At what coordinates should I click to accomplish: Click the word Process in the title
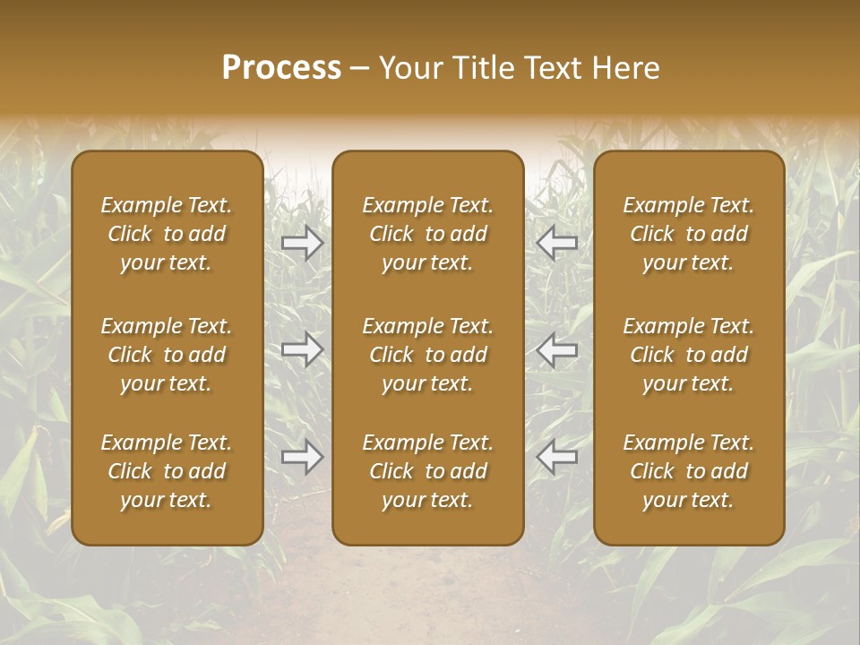click(x=281, y=68)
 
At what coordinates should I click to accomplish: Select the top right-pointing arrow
click(x=303, y=242)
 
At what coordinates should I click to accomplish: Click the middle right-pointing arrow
click(x=303, y=349)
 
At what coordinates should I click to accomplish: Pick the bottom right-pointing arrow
click(x=303, y=458)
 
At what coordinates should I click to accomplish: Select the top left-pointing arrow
click(x=556, y=242)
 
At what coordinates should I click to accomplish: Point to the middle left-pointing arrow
click(x=556, y=349)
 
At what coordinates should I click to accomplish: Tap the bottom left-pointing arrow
click(x=556, y=458)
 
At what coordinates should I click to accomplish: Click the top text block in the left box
click(x=167, y=234)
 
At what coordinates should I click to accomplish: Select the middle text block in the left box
click(x=167, y=355)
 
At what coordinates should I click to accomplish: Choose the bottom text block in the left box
click(x=167, y=471)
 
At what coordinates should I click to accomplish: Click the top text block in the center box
click(x=428, y=234)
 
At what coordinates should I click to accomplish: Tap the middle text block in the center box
click(x=428, y=355)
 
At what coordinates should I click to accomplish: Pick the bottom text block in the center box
click(x=428, y=471)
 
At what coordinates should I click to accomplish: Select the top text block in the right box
click(x=689, y=234)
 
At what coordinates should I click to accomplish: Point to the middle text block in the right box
click(x=689, y=355)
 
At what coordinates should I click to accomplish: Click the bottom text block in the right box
click(x=689, y=471)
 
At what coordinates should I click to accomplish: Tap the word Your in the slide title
click(x=408, y=68)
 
